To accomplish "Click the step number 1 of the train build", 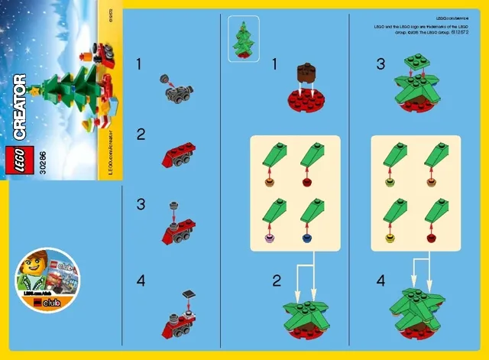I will point(139,66).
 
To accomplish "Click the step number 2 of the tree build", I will point(276,280).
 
